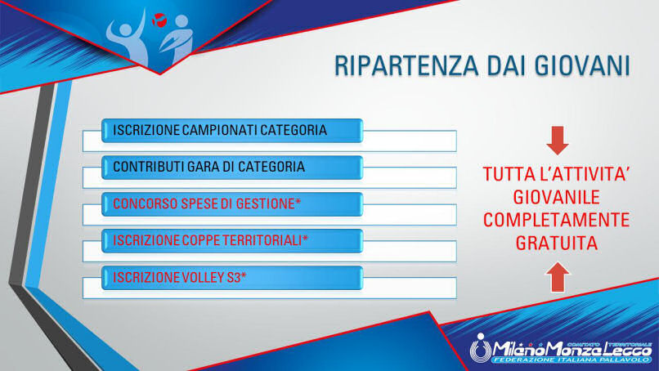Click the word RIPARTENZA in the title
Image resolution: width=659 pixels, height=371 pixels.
tap(406, 65)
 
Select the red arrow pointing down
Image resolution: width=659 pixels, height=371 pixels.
tap(558, 141)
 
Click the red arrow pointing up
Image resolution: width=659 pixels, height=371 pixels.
tap(558, 276)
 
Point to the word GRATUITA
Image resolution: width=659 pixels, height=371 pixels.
tap(557, 243)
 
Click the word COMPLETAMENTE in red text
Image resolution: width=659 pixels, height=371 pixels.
tap(557, 220)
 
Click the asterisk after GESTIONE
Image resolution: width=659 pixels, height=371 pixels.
tap(298, 202)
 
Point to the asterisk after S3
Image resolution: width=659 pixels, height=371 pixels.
tap(244, 275)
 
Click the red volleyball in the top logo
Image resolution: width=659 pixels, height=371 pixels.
tap(159, 20)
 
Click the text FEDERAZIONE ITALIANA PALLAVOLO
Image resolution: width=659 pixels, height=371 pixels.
tap(572, 360)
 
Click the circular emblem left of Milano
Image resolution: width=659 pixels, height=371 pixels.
tap(481, 348)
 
